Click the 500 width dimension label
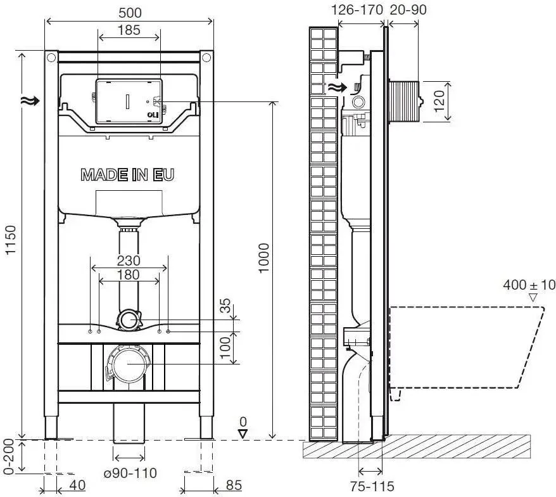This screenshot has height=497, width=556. (130, 13)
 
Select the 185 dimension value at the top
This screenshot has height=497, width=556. (129, 30)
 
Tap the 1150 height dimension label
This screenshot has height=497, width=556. (11, 240)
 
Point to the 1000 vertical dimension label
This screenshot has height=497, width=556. (264, 258)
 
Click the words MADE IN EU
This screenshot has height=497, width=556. (128, 175)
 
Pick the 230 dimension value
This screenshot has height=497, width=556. (129, 261)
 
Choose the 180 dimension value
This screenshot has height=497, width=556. (129, 274)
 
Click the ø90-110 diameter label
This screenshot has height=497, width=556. (130, 473)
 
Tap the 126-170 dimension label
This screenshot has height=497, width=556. (357, 10)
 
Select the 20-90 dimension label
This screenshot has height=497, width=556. (408, 10)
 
